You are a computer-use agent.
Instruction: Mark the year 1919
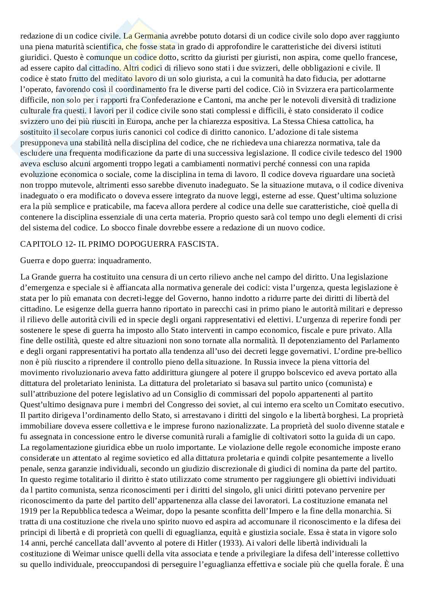(x=28, y=511)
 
